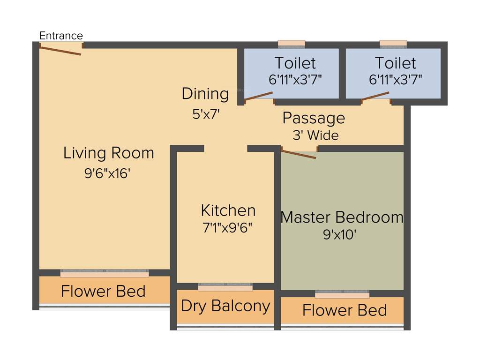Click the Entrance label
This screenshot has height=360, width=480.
click(61, 36)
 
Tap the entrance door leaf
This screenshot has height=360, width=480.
click(60, 50)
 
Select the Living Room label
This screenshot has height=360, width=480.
click(109, 153)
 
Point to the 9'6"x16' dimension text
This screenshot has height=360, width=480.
click(107, 173)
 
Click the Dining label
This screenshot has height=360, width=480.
click(205, 94)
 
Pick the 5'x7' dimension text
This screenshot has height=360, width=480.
click(206, 114)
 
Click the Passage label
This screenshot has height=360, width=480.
click(314, 118)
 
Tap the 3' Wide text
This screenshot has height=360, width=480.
click(315, 136)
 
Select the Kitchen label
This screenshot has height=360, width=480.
click(228, 210)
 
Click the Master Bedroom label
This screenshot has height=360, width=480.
click(342, 217)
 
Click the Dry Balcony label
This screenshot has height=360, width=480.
click(225, 306)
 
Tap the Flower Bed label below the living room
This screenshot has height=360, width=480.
click(103, 291)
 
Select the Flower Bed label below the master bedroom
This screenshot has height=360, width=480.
click(345, 310)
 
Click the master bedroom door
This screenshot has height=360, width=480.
click(299, 154)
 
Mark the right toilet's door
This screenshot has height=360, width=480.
click(375, 97)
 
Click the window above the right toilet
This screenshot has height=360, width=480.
click(393, 44)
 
